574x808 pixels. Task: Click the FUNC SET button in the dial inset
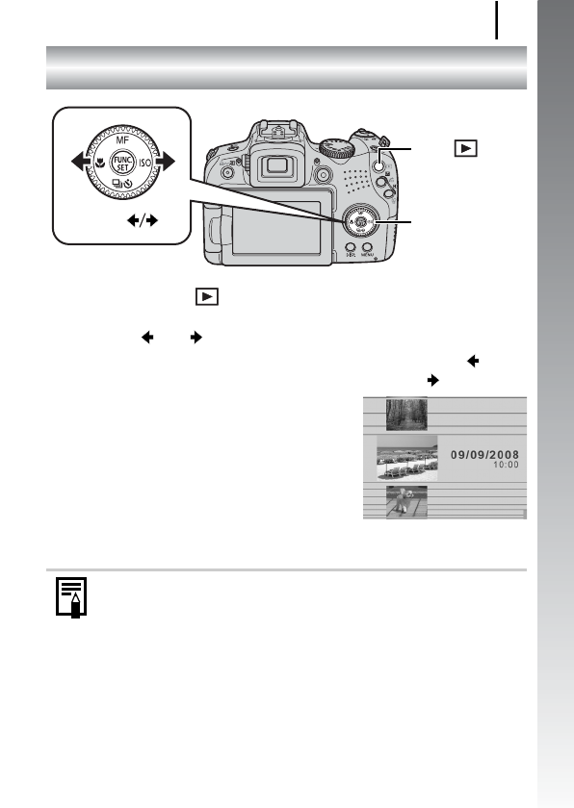click(122, 164)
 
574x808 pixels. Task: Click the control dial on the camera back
click(358, 222)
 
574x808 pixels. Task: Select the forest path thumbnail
click(404, 415)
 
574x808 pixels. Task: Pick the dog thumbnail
click(404, 502)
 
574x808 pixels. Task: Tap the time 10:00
click(506, 464)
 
